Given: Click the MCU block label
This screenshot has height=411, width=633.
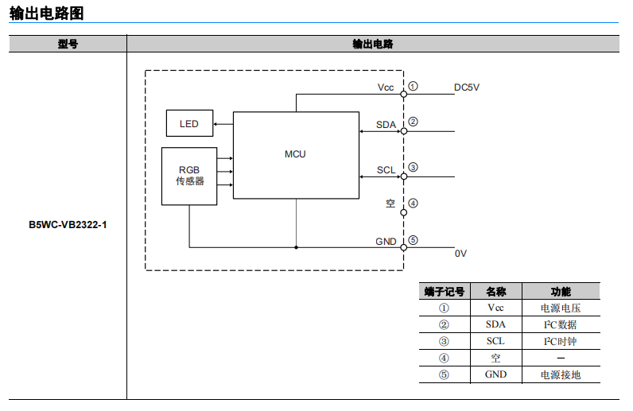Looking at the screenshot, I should click(295, 154).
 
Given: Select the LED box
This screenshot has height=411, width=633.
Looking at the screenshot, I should click(189, 124).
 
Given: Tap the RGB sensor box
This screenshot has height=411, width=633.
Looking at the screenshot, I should click(189, 176).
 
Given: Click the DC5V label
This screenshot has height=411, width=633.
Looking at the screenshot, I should click(467, 87).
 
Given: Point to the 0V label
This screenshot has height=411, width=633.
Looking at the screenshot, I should click(461, 254).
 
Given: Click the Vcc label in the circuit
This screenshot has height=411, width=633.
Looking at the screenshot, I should click(386, 87).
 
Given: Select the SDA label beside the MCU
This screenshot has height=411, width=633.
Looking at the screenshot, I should click(386, 125).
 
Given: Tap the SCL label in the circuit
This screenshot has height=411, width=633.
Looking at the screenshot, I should click(386, 170).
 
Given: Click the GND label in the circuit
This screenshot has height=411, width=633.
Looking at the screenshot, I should click(386, 241).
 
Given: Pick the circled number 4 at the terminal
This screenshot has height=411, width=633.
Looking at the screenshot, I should click(414, 203).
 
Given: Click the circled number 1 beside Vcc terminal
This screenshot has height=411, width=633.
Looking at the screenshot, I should click(414, 87).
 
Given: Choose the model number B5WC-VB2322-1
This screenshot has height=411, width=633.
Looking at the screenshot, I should click(68, 225).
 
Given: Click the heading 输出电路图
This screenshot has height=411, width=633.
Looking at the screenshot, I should click(46, 14).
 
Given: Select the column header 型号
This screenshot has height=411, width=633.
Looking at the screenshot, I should click(68, 45).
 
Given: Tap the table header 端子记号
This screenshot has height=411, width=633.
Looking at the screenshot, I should click(444, 292).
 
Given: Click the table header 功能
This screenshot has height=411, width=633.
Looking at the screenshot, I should click(561, 292).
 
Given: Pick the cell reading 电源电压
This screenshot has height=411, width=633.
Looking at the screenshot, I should click(561, 308).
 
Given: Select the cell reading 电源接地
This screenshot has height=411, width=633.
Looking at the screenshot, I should click(561, 374).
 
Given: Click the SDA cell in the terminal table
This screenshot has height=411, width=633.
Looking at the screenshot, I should click(495, 324).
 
